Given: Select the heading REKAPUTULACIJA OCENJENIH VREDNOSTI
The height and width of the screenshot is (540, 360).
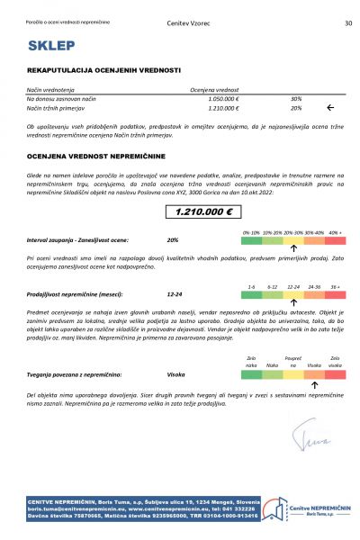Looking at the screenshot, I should (103, 70).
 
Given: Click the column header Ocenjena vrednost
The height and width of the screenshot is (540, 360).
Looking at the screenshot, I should (214, 89).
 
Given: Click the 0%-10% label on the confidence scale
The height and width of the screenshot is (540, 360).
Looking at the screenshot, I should (251, 232).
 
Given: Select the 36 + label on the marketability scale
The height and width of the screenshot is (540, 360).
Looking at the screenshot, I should (335, 286).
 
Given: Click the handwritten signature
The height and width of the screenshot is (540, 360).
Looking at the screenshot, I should (310, 438).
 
